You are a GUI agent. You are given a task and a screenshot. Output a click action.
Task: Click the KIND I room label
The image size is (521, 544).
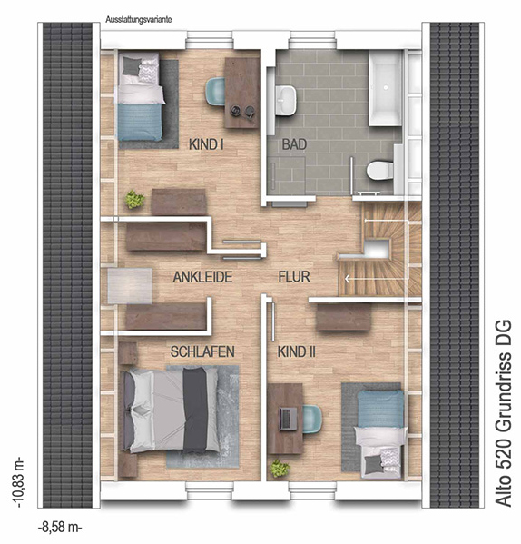click(x=206, y=144)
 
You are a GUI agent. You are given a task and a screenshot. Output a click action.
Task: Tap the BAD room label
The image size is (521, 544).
click(x=294, y=144)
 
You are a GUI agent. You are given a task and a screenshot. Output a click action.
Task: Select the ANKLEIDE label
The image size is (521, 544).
click(x=202, y=277)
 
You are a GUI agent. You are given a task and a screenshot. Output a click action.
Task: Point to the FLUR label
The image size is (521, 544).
click(x=294, y=276)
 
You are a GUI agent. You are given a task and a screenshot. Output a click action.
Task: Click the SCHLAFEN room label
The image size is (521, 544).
click(x=202, y=351)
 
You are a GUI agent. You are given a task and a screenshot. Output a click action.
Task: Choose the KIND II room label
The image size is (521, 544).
click(x=297, y=351)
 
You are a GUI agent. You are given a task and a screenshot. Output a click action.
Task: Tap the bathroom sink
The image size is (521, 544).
click(x=286, y=100)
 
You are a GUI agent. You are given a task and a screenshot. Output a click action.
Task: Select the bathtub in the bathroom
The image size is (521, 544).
click(x=386, y=88)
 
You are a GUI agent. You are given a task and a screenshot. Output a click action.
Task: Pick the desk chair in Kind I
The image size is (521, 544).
click(x=215, y=91)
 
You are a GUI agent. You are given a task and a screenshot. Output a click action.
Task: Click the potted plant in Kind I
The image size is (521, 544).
click(x=134, y=200)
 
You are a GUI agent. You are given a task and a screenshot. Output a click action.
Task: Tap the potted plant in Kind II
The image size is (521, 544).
click(x=280, y=469)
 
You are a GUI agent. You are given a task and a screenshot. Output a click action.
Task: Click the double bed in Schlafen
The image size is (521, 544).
click(x=171, y=410)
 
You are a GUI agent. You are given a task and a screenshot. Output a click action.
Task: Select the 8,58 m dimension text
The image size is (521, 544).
click(x=60, y=528)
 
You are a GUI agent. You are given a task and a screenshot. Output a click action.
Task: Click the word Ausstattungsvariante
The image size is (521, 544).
click(x=139, y=20)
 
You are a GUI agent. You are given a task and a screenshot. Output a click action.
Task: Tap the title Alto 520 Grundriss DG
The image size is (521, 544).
click(x=504, y=413)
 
